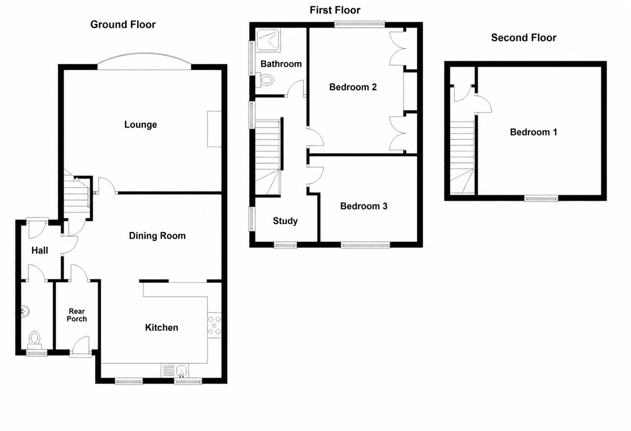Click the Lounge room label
(x=140, y=124)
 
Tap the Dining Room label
(x=157, y=236)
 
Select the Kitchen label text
(x=161, y=327)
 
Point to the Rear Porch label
(x=77, y=315)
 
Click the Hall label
(x=40, y=250)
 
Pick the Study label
(x=285, y=221)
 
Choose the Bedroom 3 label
(x=364, y=206)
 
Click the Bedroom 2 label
(x=353, y=87)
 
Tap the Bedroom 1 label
(x=533, y=132)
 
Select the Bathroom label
(x=281, y=64)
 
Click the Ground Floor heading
(x=123, y=25)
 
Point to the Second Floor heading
(x=523, y=38)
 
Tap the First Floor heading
(x=335, y=10)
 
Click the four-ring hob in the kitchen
(x=214, y=325)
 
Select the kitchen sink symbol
(x=182, y=370)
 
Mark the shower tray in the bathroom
(x=268, y=40)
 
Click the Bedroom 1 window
(x=541, y=198)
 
